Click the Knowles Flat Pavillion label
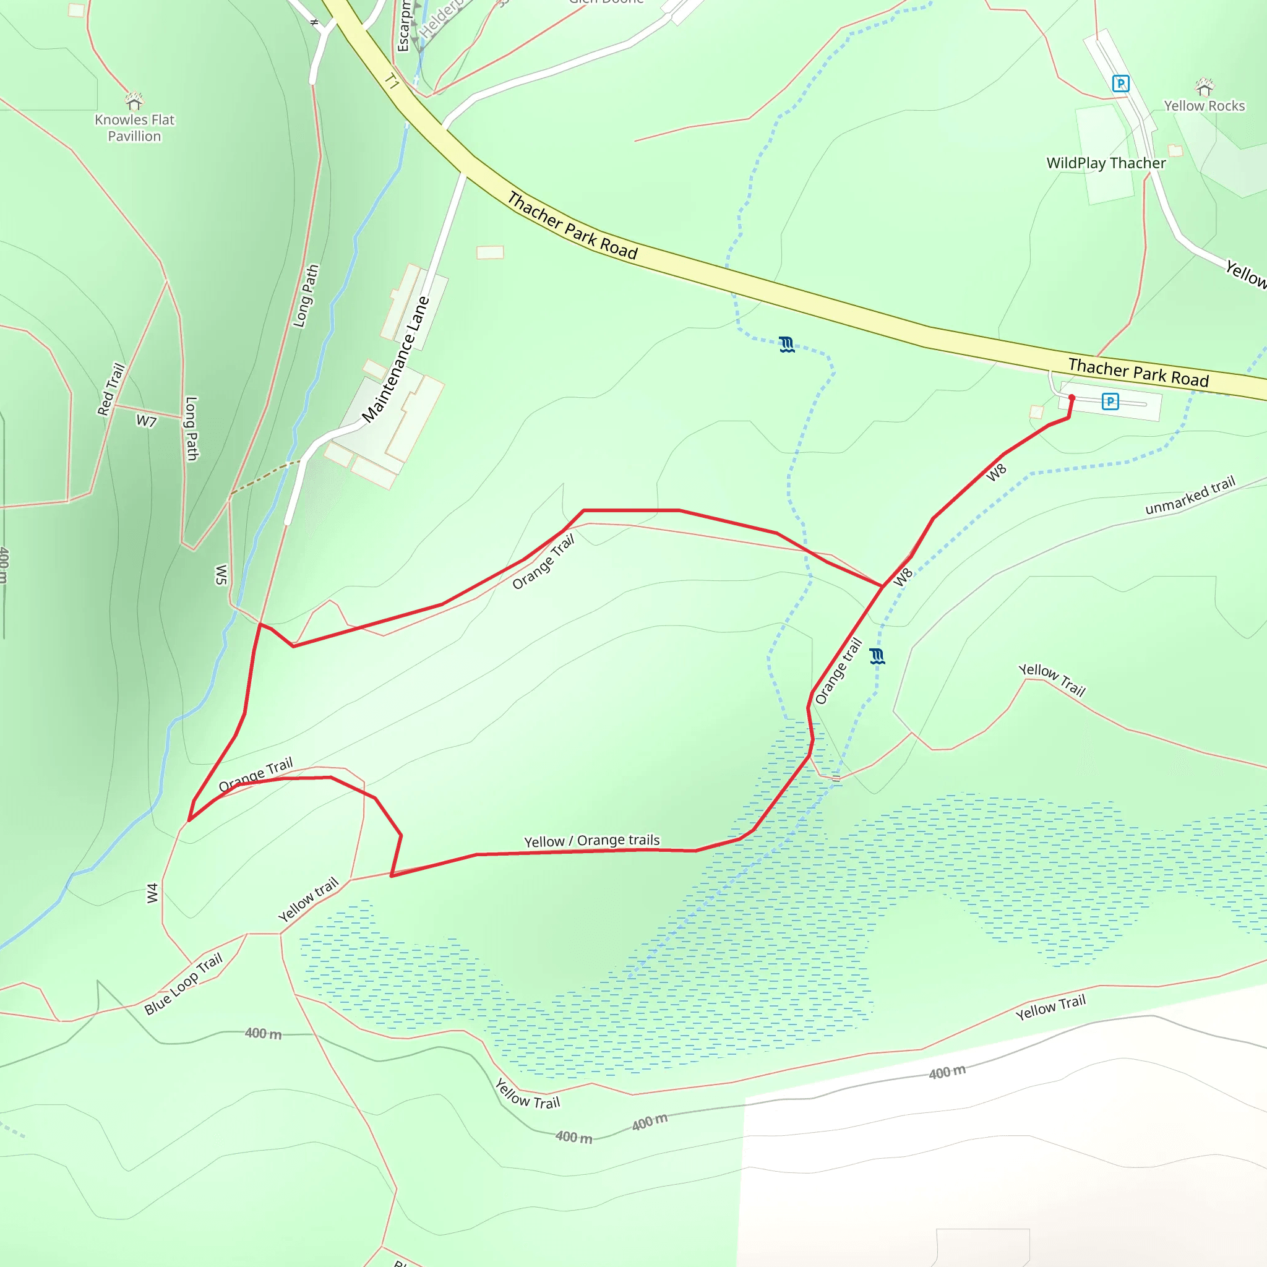point(134,128)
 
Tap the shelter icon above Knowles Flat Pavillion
point(134,101)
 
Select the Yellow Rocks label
point(1204,106)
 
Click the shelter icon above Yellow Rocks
point(1204,86)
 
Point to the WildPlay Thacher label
point(1106,163)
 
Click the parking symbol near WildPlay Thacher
point(1120,84)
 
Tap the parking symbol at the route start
point(1110,402)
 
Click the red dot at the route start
point(1072,398)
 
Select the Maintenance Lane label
point(395,359)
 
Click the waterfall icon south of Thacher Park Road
point(787,345)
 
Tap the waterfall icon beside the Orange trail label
point(877,656)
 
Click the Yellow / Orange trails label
point(591,841)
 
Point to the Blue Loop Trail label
point(184,984)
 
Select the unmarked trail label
point(1190,496)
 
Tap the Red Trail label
point(111,390)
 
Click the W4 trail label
point(152,893)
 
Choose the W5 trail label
point(221,575)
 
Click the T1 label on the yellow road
point(392,81)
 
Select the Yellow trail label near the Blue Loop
point(308,900)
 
